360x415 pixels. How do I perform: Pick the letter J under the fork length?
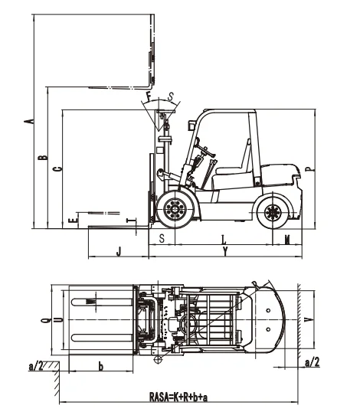click(x=118, y=250)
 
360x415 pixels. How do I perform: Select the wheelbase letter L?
click(x=224, y=240)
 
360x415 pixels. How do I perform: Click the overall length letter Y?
click(x=224, y=251)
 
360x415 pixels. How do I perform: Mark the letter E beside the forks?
click(x=70, y=220)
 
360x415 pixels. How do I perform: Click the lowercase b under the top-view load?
click(x=101, y=365)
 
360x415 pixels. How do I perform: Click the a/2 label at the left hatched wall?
click(x=35, y=366)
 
